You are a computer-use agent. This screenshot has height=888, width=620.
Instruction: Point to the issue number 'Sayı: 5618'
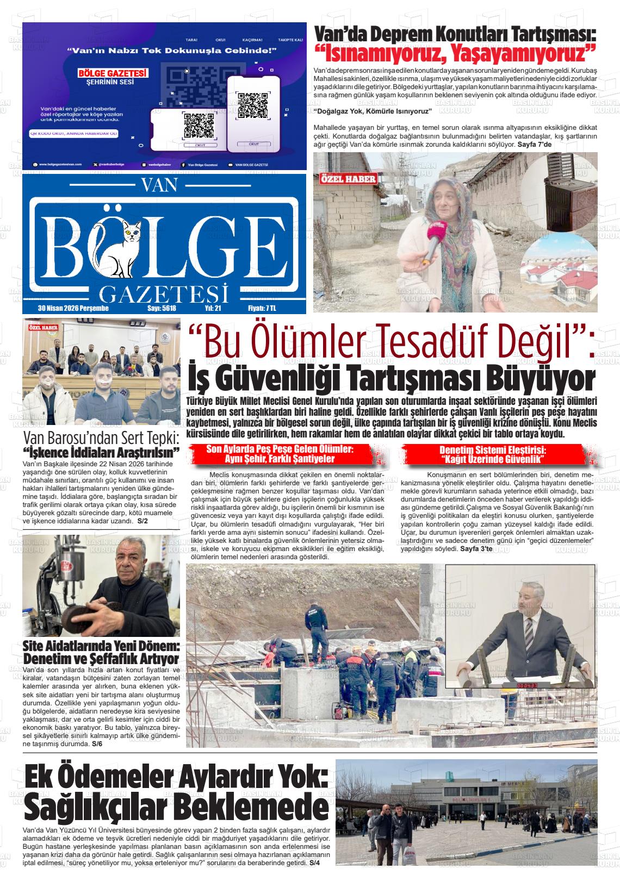tap(162, 308)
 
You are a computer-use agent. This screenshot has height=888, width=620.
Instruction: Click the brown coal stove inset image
tap(565, 190)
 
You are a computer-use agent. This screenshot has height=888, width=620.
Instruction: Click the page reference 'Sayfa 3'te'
tap(476, 549)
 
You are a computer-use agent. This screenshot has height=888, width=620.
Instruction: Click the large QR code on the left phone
tap(199, 126)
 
